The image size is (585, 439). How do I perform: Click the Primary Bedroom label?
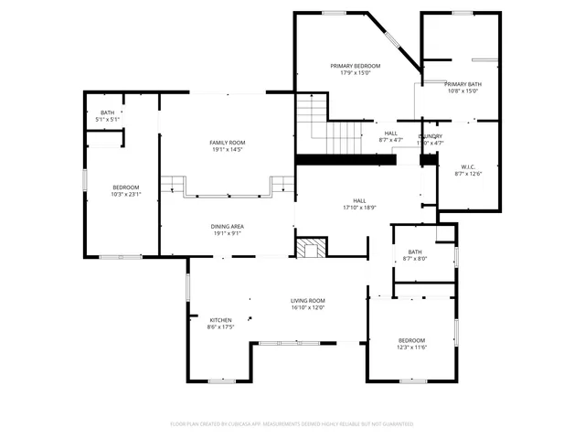pos(355,66)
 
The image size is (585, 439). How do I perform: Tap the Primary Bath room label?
pos(463,84)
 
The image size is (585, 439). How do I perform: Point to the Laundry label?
pos(431,135)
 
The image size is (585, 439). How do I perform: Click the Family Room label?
pos(228,143)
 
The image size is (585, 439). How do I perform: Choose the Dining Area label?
pos(228,227)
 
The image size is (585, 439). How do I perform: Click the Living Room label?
pos(308,301)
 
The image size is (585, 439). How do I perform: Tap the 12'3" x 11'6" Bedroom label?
pos(411,340)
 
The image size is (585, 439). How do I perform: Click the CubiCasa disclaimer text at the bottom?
pos(292,423)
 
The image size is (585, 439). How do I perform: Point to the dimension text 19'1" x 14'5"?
pos(228,149)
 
